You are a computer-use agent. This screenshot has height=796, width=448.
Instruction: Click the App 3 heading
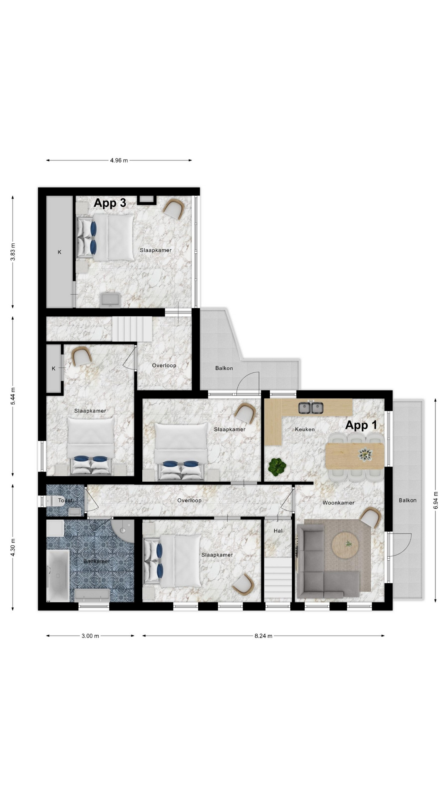110,203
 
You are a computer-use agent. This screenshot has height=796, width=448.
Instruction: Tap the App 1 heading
361,425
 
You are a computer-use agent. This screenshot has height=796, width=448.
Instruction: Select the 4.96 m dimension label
119,160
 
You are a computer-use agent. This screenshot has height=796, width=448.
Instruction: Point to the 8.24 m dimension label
263,636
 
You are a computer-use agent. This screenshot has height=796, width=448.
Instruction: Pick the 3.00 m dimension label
90,636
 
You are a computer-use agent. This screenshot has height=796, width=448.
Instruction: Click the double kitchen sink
311,408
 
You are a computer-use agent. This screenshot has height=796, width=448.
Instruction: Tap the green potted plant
277,466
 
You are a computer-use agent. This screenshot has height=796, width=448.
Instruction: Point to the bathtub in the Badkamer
58,576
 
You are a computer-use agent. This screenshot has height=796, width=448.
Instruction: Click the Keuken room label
305,430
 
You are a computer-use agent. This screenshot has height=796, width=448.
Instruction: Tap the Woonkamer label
338,503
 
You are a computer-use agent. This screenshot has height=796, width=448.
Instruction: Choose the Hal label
278,531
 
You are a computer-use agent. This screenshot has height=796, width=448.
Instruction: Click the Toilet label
65,500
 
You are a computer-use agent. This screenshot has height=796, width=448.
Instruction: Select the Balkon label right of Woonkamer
408,500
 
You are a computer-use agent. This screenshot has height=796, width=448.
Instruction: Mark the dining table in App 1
355,456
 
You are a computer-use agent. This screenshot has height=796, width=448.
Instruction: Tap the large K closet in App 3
59,252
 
